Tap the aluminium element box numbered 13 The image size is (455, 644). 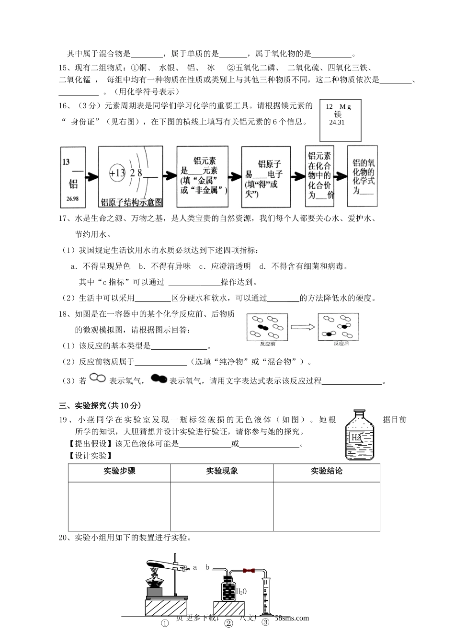[x=73, y=176]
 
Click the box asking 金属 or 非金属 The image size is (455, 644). [x=202, y=176]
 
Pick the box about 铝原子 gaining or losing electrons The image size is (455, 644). [x=265, y=177]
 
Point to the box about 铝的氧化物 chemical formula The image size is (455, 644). [x=362, y=176]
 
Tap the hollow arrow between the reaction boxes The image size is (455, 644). [x=303, y=327]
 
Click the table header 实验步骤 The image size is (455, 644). [x=119, y=471]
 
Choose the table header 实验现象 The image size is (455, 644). [x=222, y=471]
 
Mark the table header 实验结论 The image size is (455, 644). [x=326, y=471]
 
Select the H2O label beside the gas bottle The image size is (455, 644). [x=241, y=591]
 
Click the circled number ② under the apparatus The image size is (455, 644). [x=228, y=623]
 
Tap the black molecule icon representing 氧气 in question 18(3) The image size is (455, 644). [x=159, y=379]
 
